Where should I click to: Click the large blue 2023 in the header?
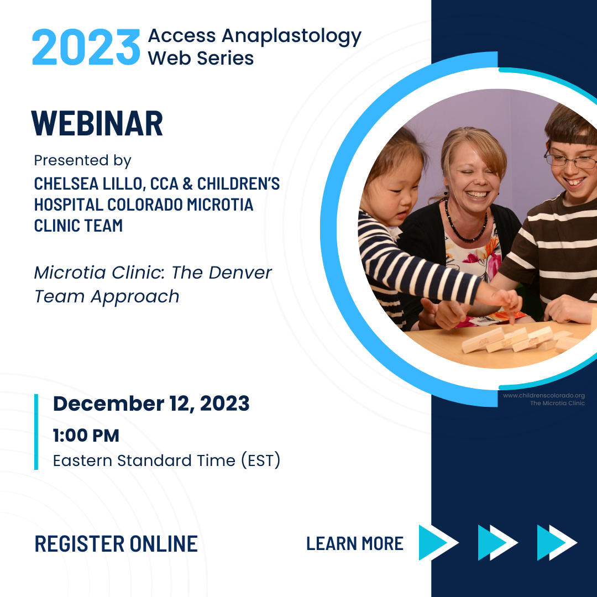[x=86, y=47]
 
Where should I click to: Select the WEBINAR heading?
[x=97, y=123]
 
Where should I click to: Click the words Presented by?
[x=82, y=160]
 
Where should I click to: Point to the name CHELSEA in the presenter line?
[x=66, y=184]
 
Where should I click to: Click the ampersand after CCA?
[x=187, y=184]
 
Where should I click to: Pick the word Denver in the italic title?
[x=240, y=273]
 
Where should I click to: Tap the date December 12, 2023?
[x=151, y=404]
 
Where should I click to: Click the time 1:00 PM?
[x=86, y=436]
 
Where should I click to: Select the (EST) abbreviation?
[x=261, y=460]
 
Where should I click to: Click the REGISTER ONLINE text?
[x=116, y=544]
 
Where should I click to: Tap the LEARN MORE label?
[x=355, y=544]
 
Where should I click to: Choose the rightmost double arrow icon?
[x=557, y=543]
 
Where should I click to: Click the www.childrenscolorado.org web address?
[x=544, y=396]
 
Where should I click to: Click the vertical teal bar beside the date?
[x=36, y=432]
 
